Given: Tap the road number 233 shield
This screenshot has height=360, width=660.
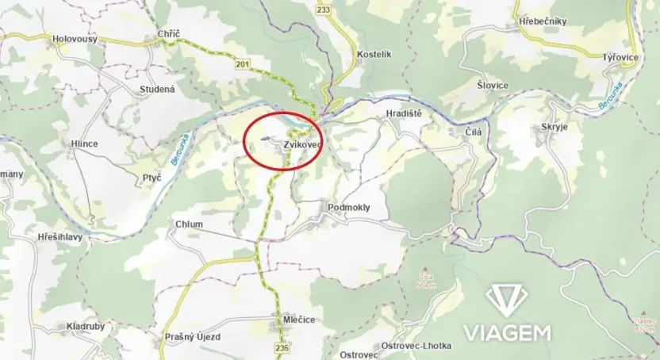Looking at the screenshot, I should [322, 10].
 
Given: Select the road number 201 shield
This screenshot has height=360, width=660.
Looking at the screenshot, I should [241, 63].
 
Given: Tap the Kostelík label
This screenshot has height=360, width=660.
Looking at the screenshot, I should [375, 53].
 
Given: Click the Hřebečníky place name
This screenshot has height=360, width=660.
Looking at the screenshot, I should [541, 21].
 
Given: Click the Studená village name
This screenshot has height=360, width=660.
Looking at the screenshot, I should [156, 90].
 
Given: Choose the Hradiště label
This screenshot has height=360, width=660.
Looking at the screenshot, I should [403, 114].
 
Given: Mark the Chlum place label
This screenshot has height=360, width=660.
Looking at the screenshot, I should [190, 224].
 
